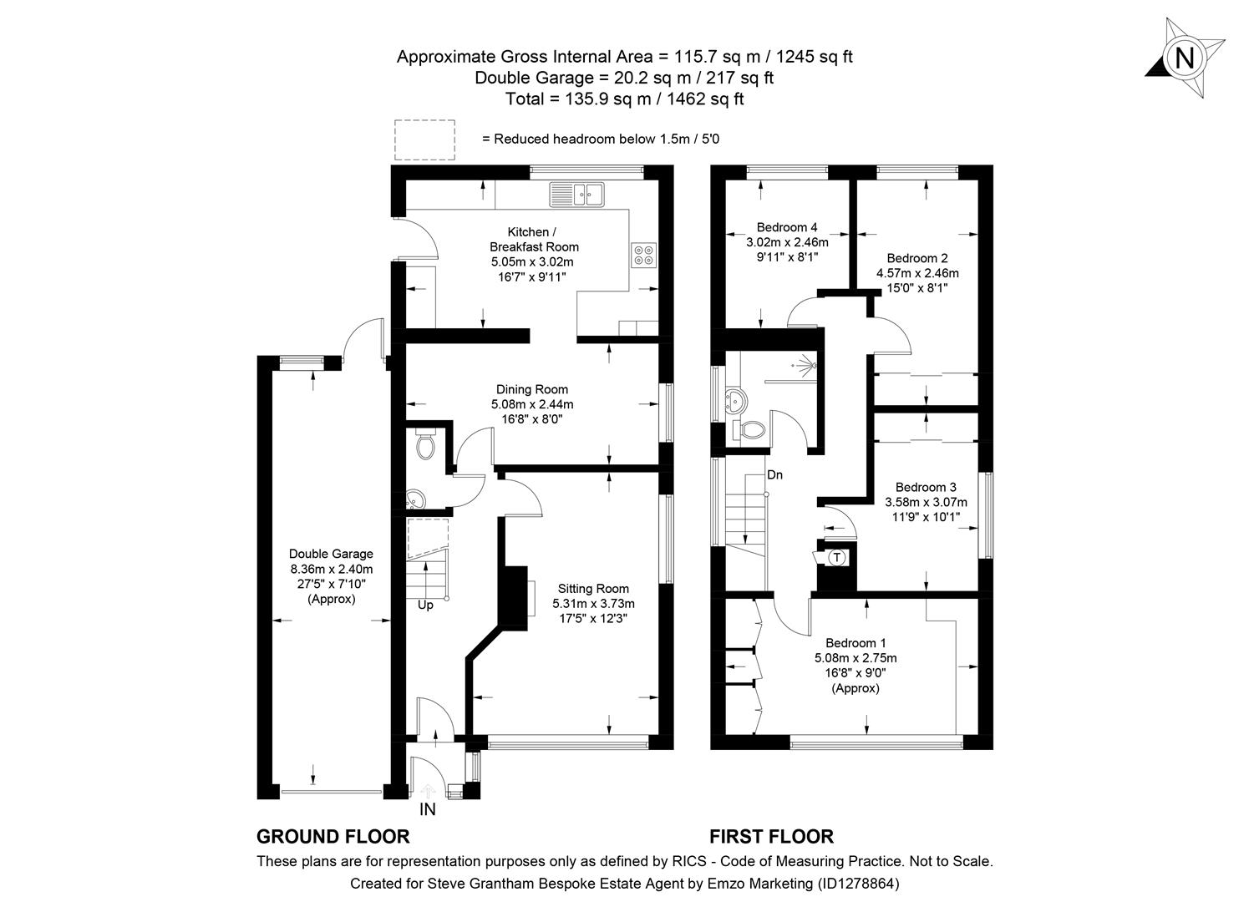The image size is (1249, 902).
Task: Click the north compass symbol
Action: [1185, 58]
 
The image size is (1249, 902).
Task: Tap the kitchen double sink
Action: [576, 194]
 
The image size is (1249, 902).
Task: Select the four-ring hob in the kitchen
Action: [643, 254]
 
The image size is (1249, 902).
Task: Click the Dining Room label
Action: [532, 389]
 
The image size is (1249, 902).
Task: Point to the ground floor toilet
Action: [425, 444]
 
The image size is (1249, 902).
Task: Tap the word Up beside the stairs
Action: [425, 605]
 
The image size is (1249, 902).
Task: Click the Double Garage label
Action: [331, 554]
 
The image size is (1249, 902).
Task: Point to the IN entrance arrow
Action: [427, 790]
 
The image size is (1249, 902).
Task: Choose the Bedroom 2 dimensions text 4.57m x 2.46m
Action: [917, 273]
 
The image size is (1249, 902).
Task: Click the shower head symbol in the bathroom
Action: [806, 364]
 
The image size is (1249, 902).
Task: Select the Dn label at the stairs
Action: [774, 475]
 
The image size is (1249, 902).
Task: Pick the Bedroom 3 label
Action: [926, 487]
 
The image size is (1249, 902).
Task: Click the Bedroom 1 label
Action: [856, 643]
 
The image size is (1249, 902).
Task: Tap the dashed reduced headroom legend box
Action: [424, 139]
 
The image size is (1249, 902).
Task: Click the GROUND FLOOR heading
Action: [333, 836]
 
